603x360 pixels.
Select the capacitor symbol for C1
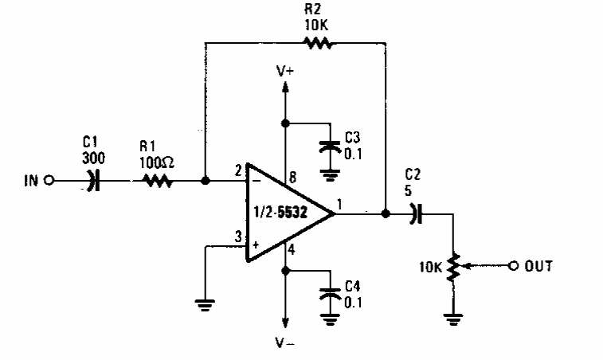pyautogui.click(x=94, y=181)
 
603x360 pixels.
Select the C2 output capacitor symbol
pyautogui.click(x=415, y=213)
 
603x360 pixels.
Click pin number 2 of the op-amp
pyautogui.click(x=237, y=170)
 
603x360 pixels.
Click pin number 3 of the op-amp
pyautogui.click(x=237, y=235)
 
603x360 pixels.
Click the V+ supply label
pyautogui.click(x=285, y=72)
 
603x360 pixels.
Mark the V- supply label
pyautogui.click(x=285, y=344)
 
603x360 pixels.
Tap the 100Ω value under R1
pyautogui.click(x=158, y=162)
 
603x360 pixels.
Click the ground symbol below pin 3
pyautogui.click(x=205, y=303)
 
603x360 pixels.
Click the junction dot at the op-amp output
pyautogui.click(x=386, y=213)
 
